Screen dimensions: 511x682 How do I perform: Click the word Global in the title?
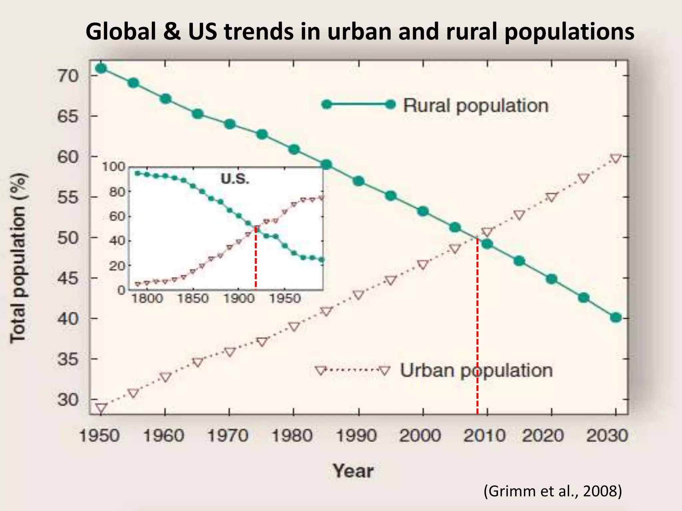[121, 32]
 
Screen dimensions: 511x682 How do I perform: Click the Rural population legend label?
[476, 106]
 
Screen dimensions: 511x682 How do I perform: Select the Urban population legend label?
[476, 370]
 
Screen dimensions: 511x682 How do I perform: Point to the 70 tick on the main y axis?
[68, 76]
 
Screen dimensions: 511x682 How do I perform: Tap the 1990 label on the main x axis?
[357, 435]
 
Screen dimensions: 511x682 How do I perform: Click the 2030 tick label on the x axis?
[607, 435]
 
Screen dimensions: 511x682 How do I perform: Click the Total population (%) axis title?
[19, 258]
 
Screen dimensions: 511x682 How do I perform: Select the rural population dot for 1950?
[101, 69]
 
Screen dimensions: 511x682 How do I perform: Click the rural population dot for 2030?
[616, 317]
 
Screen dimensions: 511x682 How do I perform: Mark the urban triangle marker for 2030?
[616, 159]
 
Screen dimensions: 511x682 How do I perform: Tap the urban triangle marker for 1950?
[101, 408]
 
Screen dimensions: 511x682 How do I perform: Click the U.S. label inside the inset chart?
[235, 179]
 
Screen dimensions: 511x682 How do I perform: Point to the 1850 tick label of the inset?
[193, 298]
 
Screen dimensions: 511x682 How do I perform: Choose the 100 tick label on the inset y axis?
[113, 166]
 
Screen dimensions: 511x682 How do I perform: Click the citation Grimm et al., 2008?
[552, 491]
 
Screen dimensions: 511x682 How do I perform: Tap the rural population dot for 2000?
[423, 211]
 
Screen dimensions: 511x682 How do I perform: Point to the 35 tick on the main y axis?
[68, 359]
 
